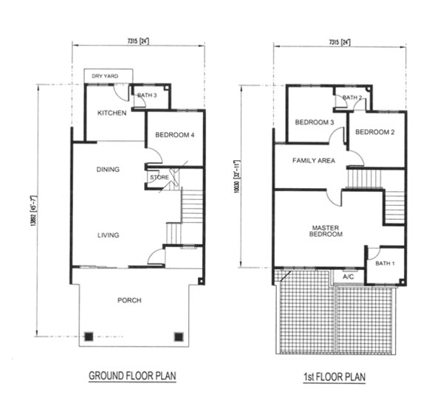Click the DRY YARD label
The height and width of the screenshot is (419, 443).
(x=105, y=76)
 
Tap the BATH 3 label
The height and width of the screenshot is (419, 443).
(x=147, y=95)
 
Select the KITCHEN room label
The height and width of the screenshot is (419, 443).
(x=112, y=113)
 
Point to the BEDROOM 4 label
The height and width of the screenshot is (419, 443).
(x=174, y=135)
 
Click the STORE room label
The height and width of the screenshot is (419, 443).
(x=159, y=177)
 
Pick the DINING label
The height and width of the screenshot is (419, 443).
(x=108, y=170)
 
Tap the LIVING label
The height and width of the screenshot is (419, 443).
(x=109, y=235)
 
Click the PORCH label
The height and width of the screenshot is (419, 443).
(x=129, y=300)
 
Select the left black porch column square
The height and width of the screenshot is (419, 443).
(x=89, y=336)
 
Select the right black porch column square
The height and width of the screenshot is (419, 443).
(x=179, y=336)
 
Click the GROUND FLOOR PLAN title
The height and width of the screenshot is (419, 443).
(x=132, y=375)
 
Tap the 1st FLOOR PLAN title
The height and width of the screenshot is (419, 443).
(x=334, y=377)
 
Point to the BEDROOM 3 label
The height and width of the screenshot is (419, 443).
(x=315, y=122)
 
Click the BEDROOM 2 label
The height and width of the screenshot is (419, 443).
(x=375, y=132)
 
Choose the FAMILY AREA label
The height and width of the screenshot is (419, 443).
(x=314, y=161)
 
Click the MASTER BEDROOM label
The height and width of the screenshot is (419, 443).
(x=326, y=231)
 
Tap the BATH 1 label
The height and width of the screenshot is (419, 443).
(x=385, y=263)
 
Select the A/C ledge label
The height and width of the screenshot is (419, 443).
(x=348, y=277)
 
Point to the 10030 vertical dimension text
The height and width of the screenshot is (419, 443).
(x=236, y=177)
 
